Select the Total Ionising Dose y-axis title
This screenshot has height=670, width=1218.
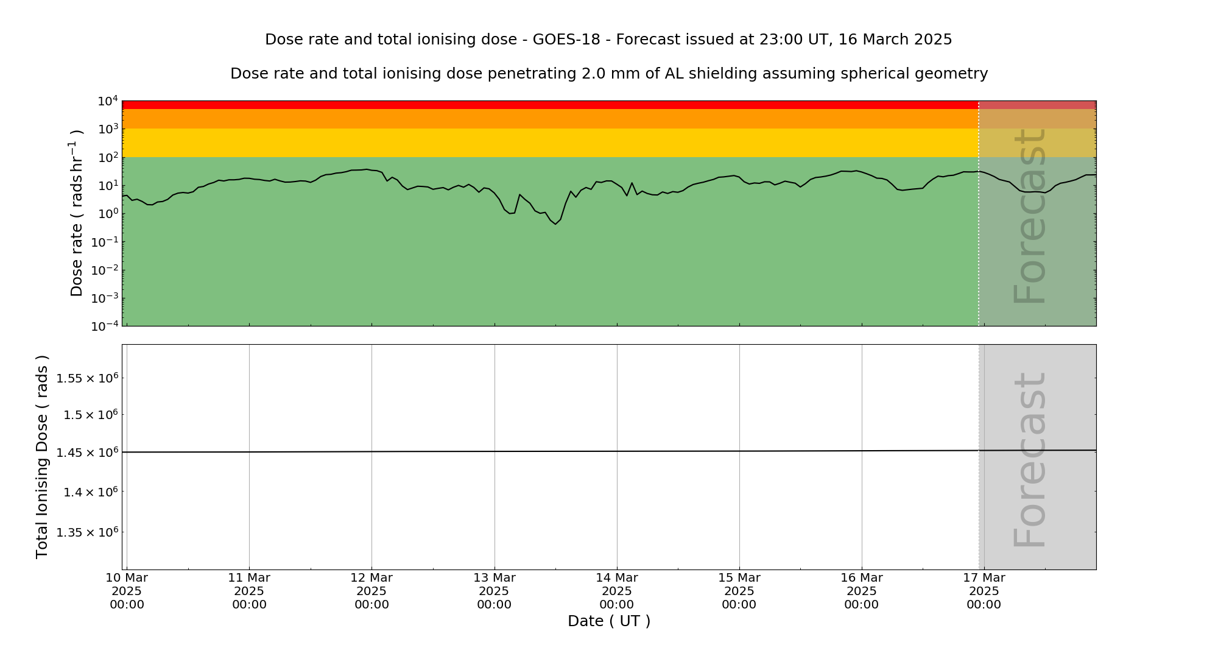(42, 457)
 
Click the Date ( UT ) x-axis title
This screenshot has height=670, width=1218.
(609, 621)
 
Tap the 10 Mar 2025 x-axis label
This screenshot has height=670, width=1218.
(127, 591)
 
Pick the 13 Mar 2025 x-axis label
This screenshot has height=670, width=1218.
(494, 591)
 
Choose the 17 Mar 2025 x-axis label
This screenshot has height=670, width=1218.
(984, 591)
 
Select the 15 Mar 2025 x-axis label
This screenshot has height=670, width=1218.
(739, 591)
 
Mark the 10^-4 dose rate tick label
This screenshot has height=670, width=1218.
(105, 326)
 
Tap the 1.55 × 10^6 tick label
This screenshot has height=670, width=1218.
(86, 378)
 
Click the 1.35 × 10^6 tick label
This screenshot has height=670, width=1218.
(86, 532)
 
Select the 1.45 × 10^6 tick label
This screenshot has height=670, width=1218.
(86, 452)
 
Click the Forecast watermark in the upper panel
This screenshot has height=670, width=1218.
(1030, 216)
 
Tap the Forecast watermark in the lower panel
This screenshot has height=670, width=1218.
(1030, 460)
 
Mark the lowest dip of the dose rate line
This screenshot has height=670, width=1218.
(555, 224)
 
